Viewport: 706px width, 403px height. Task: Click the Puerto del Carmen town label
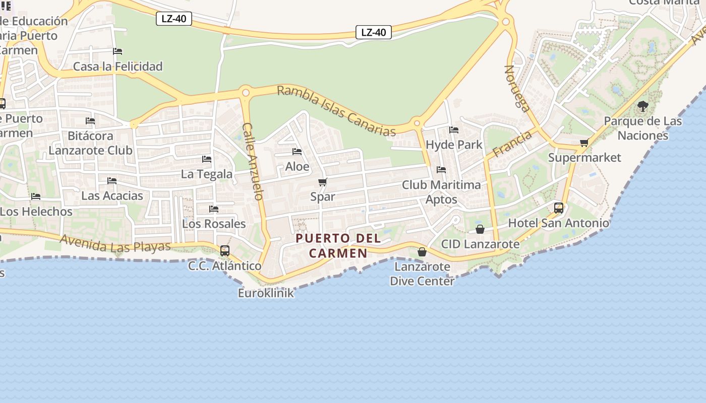pos(338,245)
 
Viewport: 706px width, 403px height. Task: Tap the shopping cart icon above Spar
pos(323,182)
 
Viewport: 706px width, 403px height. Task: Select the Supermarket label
pos(584,157)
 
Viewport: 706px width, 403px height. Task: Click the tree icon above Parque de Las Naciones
pos(642,106)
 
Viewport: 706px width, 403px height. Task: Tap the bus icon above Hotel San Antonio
pos(559,208)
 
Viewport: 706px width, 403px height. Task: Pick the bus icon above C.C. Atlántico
pos(225,250)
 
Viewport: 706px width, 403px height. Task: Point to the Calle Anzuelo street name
pos(253,161)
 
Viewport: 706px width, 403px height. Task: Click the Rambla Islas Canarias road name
pos(336,111)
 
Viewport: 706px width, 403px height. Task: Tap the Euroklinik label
pos(266,293)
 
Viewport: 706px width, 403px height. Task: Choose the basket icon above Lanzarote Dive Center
pos(422,251)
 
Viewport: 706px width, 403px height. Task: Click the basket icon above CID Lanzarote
pos(480,229)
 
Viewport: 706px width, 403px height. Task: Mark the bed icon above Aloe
pos(297,151)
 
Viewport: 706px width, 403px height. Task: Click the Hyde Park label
pos(454,145)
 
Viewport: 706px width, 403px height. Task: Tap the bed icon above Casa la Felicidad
pos(117,51)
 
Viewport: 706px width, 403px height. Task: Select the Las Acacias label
pos(112,195)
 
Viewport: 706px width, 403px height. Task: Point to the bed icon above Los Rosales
pos(214,209)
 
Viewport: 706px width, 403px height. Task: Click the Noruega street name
pos(517,88)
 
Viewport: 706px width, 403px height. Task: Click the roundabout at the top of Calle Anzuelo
pos(246,93)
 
